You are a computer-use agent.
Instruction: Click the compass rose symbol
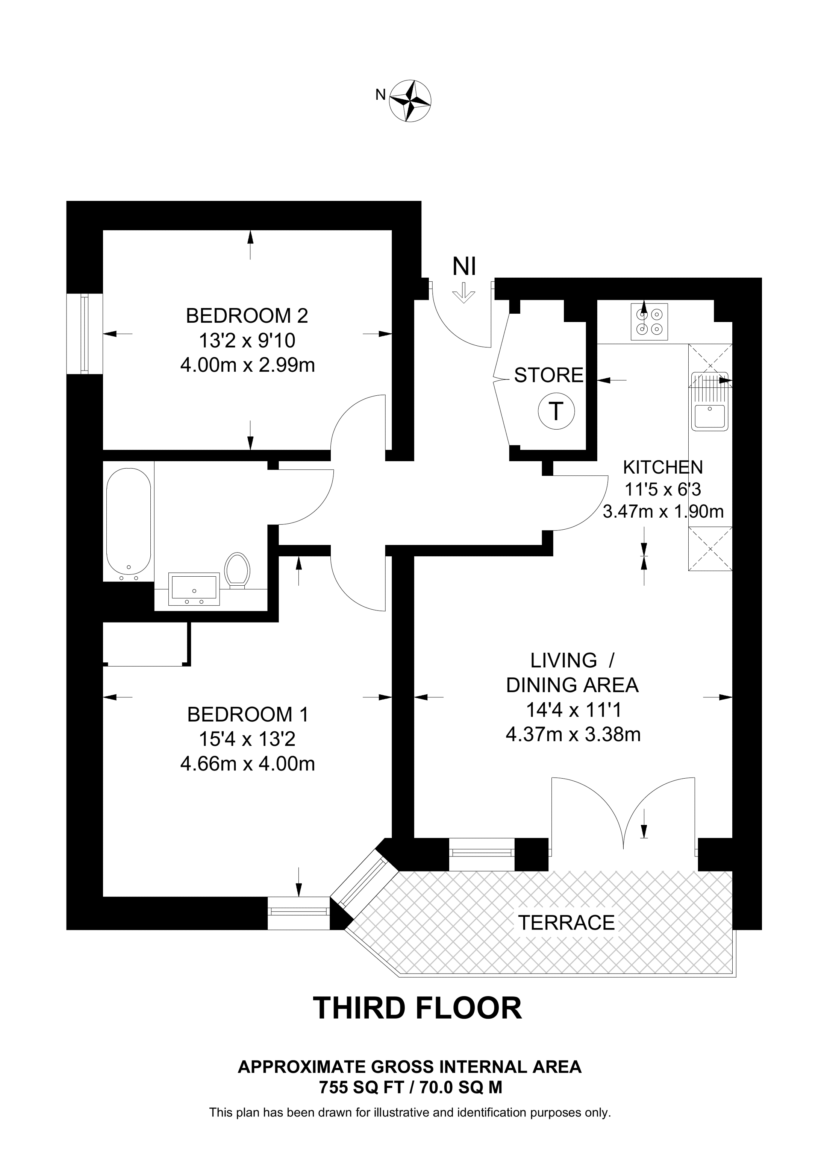pyautogui.click(x=410, y=100)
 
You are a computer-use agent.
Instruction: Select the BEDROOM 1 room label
pyautogui.click(x=248, y=715)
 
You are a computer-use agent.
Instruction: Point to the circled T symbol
pyautogui.click(x=556, y=410)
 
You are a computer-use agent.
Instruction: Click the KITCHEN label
pyautogui.click(x=663, y=467)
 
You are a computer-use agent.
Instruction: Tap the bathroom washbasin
pyautogui.click(x=194, y=589)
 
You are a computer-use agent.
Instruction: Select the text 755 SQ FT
pyautogui.click(x=362, y=1088)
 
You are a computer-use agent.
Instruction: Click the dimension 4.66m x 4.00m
pyautogui.click(x=248, y=764)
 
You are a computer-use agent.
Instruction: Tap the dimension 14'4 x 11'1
pyautogui.click(x=573, y=709)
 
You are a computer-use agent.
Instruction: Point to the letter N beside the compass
pyautogui.click(x=380, y=94)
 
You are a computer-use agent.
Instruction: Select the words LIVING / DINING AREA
pyautogui.click(x=572, y=673)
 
